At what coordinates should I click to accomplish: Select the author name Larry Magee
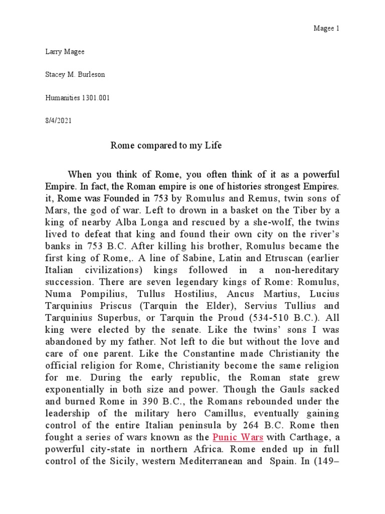[x=61, y=52]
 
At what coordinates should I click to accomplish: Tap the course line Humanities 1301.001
[x=77, y=98]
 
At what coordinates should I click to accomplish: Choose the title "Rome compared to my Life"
[x=165, y=146]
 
